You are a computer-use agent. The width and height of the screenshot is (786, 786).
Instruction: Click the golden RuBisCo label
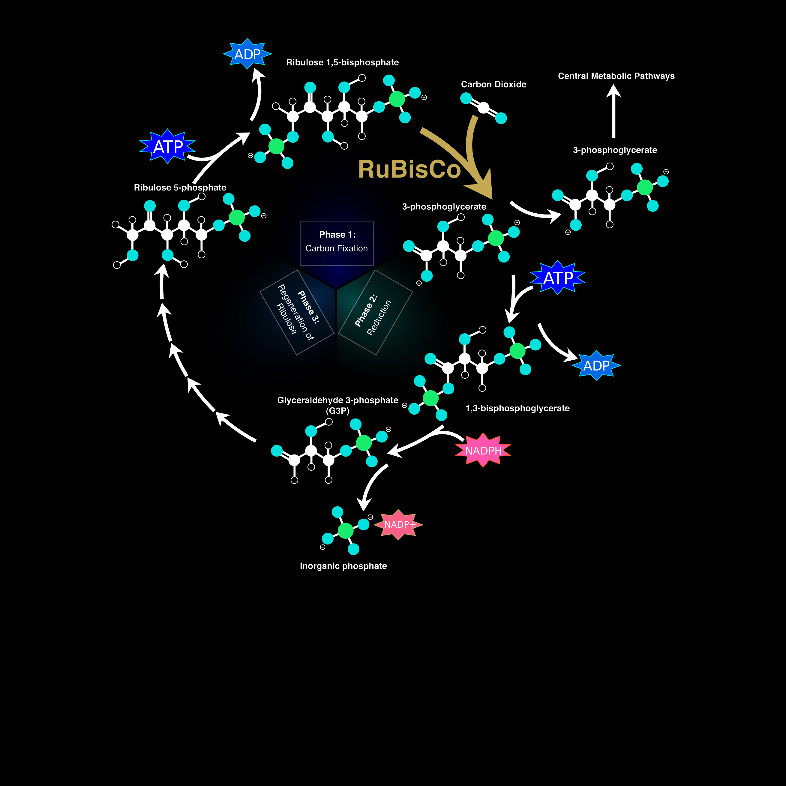[409, 169]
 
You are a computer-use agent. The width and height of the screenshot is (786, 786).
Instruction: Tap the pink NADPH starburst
[483, 450]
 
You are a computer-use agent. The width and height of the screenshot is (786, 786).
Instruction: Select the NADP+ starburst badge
[399, 524]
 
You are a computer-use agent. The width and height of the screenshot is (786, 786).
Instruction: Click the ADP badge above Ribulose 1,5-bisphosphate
[247, 54]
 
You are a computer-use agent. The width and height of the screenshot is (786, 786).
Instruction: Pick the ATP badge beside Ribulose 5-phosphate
[168, 146]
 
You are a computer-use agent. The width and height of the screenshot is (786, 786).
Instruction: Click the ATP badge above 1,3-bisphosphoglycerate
[558, 277]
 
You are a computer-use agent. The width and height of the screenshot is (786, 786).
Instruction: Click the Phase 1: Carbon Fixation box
[337, 243]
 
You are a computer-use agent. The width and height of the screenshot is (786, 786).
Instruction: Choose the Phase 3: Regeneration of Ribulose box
[297, 312]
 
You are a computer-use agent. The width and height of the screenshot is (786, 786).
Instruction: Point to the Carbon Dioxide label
[493, 84]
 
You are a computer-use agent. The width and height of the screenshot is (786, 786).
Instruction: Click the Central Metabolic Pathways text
[616, 76]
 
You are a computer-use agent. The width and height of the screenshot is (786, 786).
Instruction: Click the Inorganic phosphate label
[343, 566]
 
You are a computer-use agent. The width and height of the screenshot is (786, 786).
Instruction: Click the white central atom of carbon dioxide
[483, 108]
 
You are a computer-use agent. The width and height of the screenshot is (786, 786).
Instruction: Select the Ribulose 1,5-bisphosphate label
[343, 62]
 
